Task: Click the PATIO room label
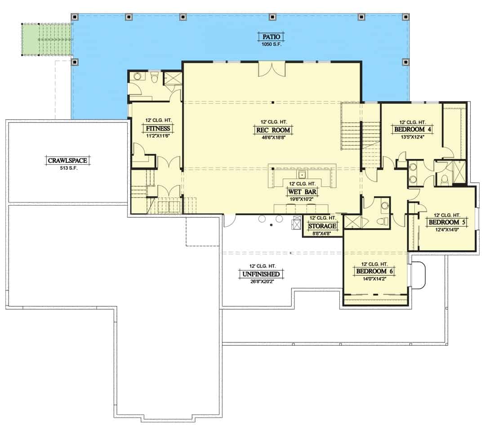tap(271, 37)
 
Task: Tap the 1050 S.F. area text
tap(271, 44)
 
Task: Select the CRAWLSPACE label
tap(67, 160)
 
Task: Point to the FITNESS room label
tap(158, 128)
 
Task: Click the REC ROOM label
tap(273, 130)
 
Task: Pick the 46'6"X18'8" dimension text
tap(273, 138)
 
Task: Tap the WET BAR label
tap(302, 192)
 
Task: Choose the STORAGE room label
tap(322, 226)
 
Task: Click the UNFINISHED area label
tap(261, 274)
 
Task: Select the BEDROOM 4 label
tap(413, 129)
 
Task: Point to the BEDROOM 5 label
tap(447, 222)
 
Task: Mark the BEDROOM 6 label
tap(374, 271)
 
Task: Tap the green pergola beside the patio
tap(47, 39)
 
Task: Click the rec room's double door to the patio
tap(271, 69)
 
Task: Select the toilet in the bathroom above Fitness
tap(155, 77)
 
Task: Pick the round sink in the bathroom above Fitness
tap(137, 76)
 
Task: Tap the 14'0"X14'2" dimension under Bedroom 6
tap(374, 279)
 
